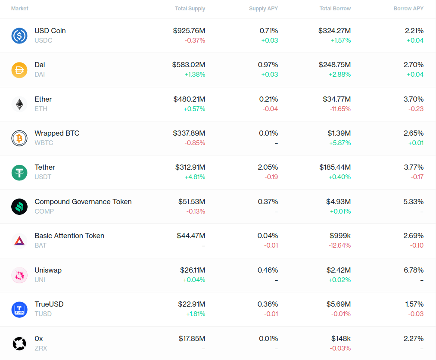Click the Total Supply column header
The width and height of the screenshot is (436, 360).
coord(190,9)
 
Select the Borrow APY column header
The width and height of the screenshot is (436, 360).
coord(408,9)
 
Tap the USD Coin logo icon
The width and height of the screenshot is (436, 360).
coord(19,35)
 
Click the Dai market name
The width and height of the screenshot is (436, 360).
coord(40,65)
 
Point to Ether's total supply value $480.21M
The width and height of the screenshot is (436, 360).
coord(189,99)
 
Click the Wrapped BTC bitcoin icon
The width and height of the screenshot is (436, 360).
coord(19,138)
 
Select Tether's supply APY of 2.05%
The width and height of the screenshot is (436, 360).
coord(268,167)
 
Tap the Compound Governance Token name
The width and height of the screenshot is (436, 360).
coord(83,202)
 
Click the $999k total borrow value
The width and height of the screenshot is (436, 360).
coord(340,236)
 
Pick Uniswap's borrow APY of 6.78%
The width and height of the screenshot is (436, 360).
coord(414,270)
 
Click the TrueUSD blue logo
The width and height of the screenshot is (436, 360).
coord(19,309)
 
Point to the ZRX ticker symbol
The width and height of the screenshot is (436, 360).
coord(41,348)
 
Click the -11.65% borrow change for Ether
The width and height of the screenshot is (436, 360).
coord(340,109)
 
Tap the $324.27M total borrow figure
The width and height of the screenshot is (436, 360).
coord(335,31)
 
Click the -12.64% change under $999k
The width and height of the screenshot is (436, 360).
coord(340,245)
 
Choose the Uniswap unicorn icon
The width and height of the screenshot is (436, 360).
coord(19,275)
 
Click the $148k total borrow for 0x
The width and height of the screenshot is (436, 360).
coord(341,338)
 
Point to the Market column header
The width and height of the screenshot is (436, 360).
coord(20,9)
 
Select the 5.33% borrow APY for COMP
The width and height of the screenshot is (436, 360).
coord(414,202)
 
